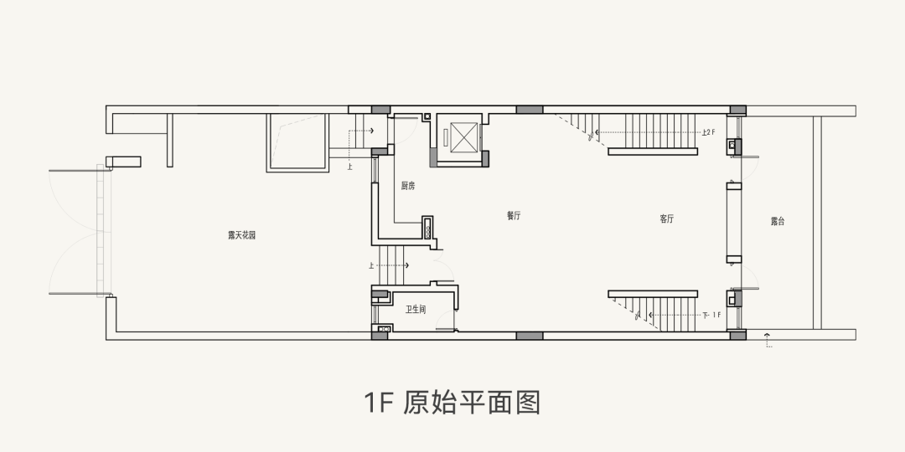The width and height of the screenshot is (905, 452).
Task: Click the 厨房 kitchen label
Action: point(408,186)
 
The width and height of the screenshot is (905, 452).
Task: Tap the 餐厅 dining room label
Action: point(514,216)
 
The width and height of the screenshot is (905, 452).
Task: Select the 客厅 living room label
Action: point(667,218)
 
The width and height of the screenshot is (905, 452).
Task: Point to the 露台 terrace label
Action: point(778,222)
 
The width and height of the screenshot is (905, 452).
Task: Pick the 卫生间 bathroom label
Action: point(416,310)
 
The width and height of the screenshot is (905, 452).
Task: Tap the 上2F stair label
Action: point(708,132)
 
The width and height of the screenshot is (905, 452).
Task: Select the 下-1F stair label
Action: point(711,315)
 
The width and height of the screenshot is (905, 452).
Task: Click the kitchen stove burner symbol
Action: point(430,229)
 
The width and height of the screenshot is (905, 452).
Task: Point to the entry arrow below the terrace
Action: point(768,338)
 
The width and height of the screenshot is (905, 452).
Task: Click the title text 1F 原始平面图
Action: point(452,403)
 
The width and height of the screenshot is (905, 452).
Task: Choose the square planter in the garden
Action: point(296,142)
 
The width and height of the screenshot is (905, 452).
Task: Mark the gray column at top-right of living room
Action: point(737,110)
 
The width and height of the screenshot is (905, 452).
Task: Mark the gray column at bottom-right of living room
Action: point(737,335)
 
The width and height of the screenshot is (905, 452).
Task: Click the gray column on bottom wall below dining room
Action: point(529,336)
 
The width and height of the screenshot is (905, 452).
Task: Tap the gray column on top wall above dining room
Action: point(529,110)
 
